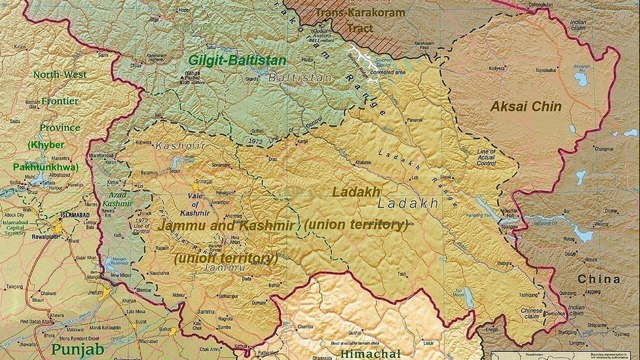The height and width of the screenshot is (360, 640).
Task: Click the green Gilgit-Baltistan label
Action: click(x=237, y=60)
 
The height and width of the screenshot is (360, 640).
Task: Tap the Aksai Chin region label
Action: click(x=526, y=106)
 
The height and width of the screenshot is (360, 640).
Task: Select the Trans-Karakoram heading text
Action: click(x=359, y=12)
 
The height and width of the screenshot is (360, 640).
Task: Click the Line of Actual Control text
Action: click(x=487, y=161)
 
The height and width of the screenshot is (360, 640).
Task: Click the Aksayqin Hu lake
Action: click(x=581, y=80)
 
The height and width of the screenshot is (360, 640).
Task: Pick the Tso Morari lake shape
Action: click(x=469, y=298)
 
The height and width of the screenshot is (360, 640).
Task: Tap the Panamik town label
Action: click(x=414, y=120)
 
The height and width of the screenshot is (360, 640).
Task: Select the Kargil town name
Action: click(x=302, y=141)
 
